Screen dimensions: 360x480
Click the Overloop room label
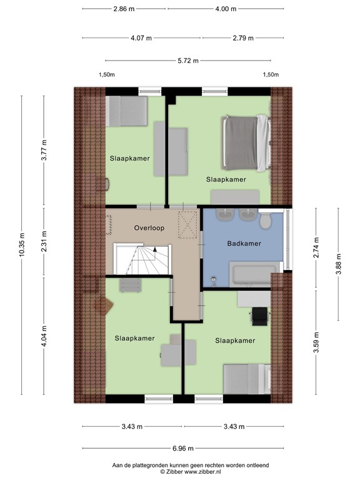click(x=149, y=227)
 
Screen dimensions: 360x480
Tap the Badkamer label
click(x=244, y=243)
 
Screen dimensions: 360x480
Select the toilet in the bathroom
click(x=265, y=221)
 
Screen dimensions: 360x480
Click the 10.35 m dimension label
click(x=21, y=245)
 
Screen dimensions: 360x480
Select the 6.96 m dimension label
click(x=183, y=449)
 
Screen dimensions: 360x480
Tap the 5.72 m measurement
click(x=188, y=61)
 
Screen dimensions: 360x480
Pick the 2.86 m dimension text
click(x=124, y=9)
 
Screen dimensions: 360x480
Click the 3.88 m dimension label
click(x=339, y=264)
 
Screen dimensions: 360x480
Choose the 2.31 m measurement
click(x=44, y=241)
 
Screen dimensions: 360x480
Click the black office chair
click(x=260, y=316)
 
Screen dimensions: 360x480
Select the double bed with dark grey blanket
click(x=246, y=142)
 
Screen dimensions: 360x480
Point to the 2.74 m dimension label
click(x=316, y=247)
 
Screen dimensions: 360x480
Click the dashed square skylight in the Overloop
click(x=187, y=224)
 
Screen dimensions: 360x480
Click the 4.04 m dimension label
click(x=44, y=336)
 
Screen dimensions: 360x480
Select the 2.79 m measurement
click(x=243, y=38)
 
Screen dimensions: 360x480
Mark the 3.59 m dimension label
click(x=316, y=342)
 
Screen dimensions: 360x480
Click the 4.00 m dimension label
click(x=226, y=9)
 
